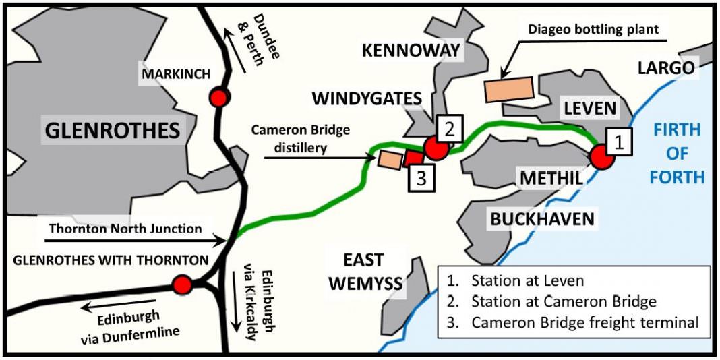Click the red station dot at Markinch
(x=218, y=98)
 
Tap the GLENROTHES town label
(x=113, y=129)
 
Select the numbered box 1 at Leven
(x=618, y=142)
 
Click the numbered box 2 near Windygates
(x=449, y=127)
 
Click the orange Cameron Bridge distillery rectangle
(x=389, y=159)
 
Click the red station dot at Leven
(x=601, y=157)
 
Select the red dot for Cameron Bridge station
(x=436, y=148)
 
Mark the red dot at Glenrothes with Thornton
(x=181, y=284)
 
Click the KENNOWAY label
(x=411, y=50)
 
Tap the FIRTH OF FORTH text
(x=678, y=153)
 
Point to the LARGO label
(x=665, y=67)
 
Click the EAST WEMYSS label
(x=363, y=271)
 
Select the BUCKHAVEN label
(x=543, y=218)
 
